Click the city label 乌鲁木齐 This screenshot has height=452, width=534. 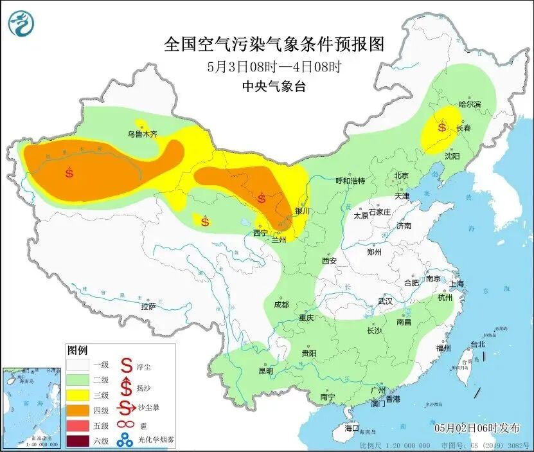(x=141, y=134)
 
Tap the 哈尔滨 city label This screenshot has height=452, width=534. (x=469, y=104)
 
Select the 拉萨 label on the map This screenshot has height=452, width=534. (x=148, y=307)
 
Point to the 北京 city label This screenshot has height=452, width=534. (x=402, y=175)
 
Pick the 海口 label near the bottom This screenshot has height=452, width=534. (x=352, y=428)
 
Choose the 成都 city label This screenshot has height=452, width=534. (x=281, y=304)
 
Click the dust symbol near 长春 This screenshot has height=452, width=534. (x=442, y=127)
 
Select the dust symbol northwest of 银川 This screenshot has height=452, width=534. (x=262, y=197)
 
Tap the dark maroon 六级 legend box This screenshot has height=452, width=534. (x=80, y=440)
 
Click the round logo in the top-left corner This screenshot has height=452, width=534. (x=21, y=23)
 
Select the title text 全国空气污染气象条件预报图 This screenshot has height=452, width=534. (x=274, y=45)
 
